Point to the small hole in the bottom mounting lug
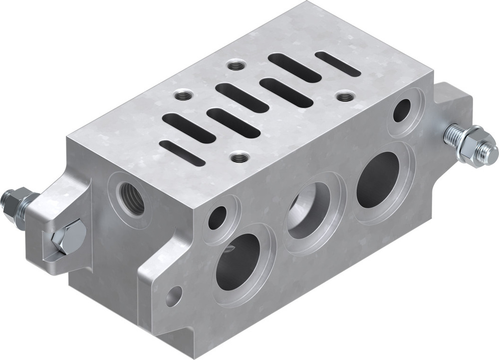tap(174, 296)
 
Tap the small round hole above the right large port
tap(402, 110)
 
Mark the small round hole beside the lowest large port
tap(218, 218)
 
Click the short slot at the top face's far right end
tap(338, 64)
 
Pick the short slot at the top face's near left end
tap(182, 153)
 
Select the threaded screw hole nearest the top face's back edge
tap(234, 64)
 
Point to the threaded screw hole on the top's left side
tap(181, 94)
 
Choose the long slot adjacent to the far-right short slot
tap(294, 68)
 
